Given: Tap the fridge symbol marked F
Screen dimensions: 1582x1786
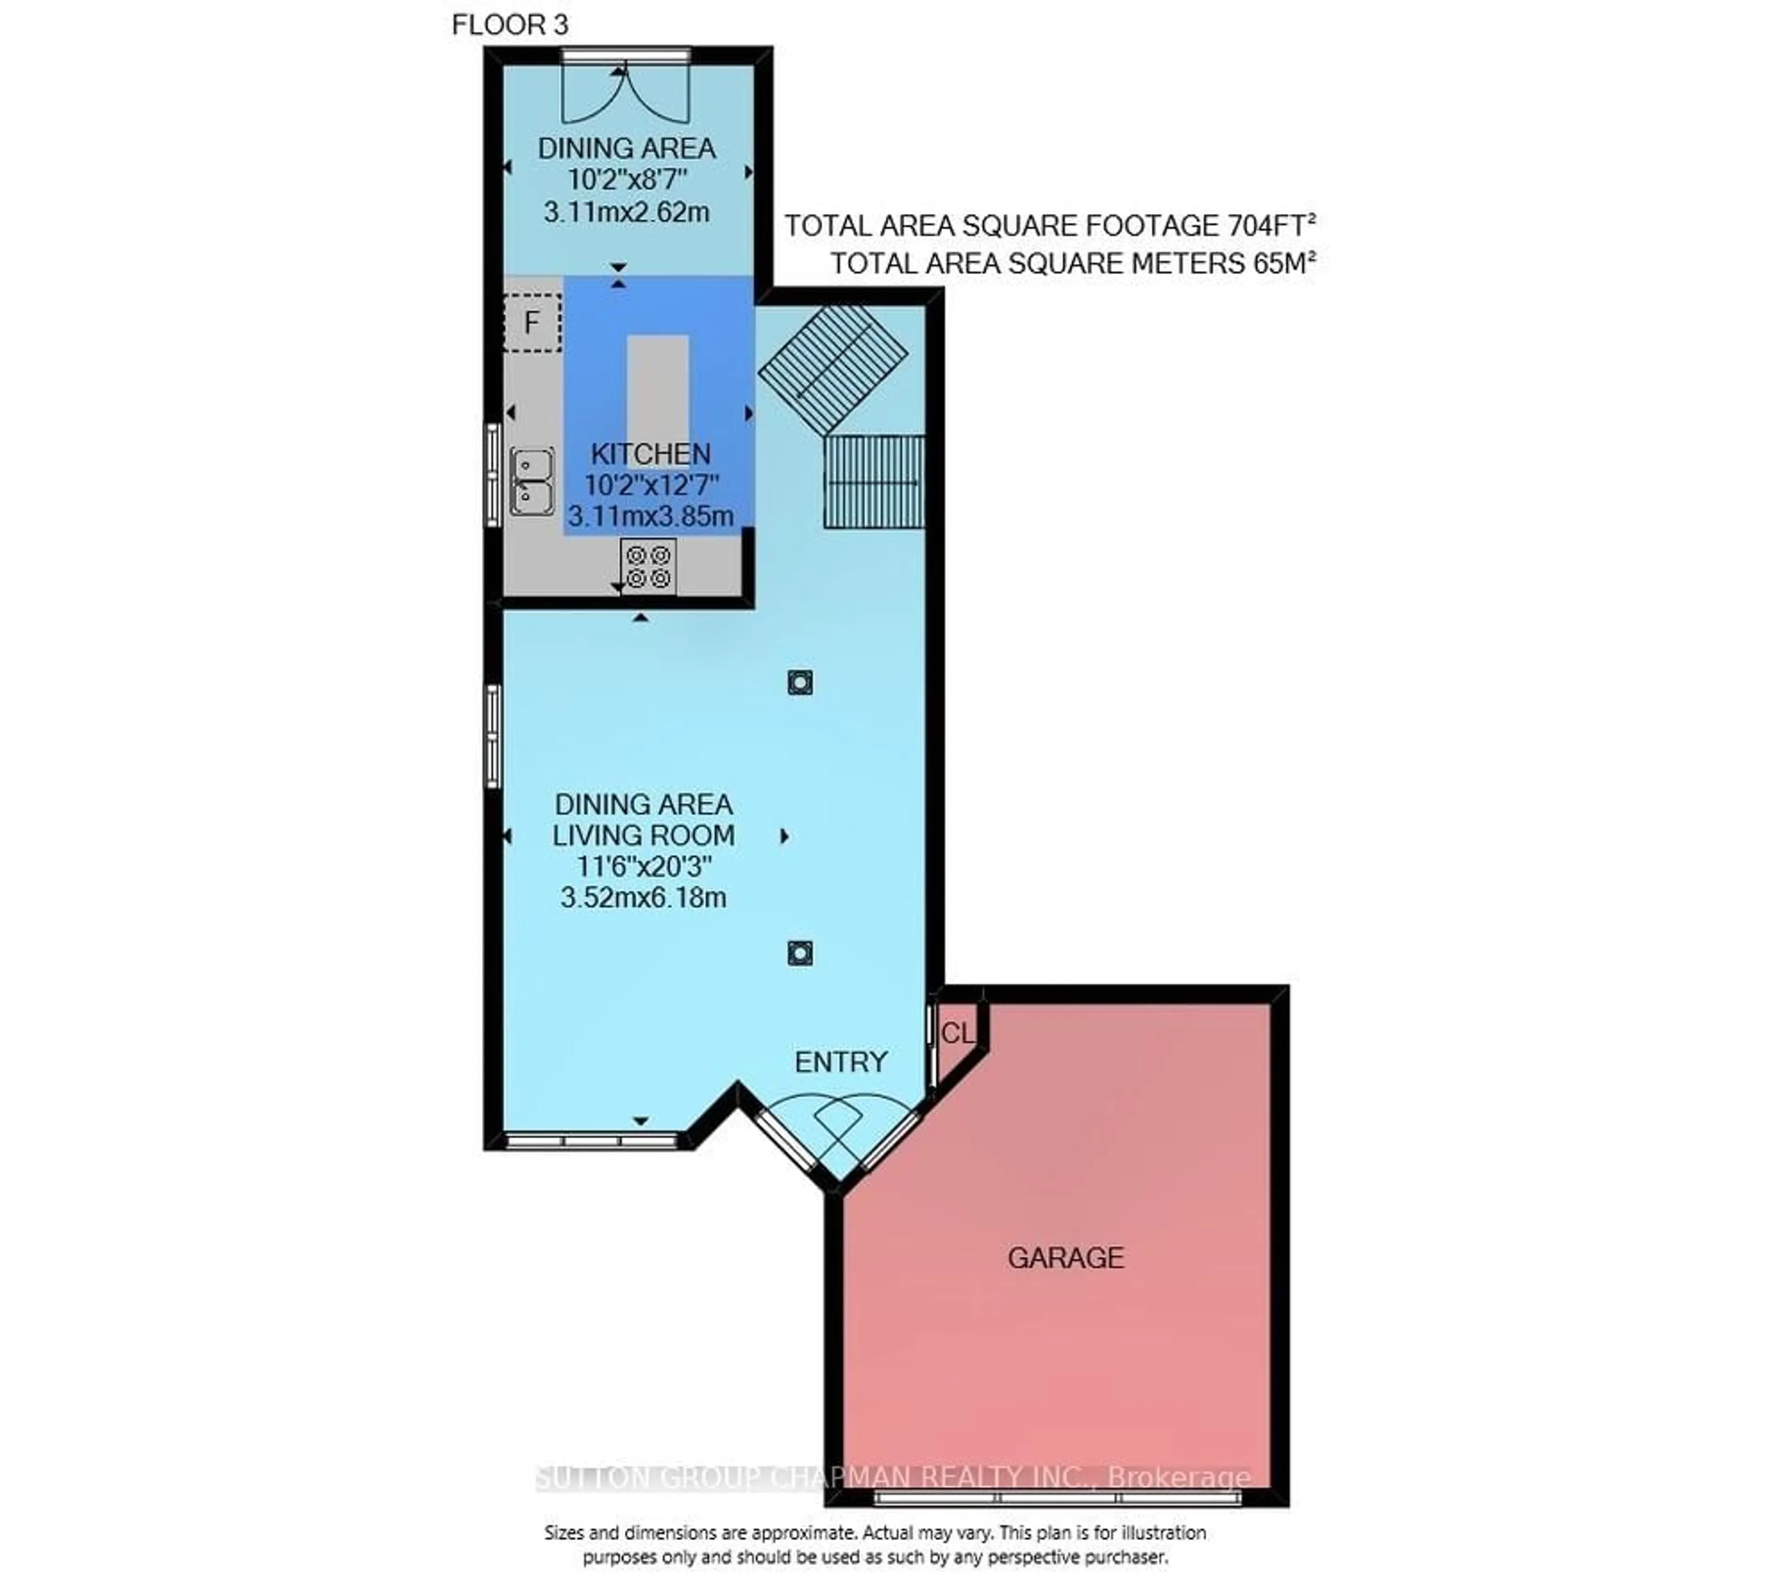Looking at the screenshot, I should [x=531, y=323].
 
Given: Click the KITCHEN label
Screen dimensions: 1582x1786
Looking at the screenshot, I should [x=651, y=454].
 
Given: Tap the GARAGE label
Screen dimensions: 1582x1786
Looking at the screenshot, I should [x=1065, y=1258].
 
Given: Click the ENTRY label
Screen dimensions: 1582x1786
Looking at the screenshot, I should [x=840, y=1062].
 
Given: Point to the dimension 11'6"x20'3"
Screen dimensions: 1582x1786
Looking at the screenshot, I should [x=644, y=866].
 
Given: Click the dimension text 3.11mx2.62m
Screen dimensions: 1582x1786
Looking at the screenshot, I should [x=626, y=212].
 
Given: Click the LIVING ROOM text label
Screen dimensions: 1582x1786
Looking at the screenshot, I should [x=643, y=835].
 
